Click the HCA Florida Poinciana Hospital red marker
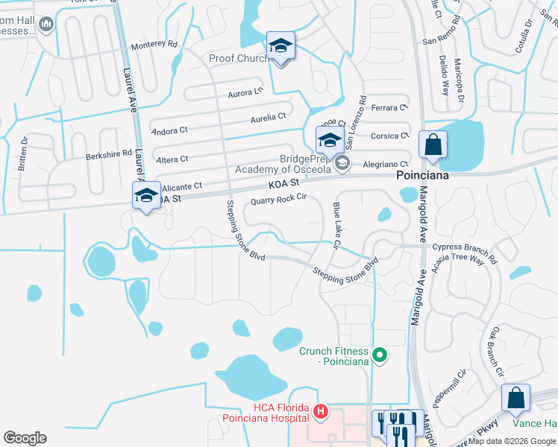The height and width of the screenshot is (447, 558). [321, 410]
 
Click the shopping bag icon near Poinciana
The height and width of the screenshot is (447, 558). [433, 145]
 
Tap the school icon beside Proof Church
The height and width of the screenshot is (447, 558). [281, 47]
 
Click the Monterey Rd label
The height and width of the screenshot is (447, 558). [154, 45]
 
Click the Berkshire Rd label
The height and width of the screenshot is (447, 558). [108, 153]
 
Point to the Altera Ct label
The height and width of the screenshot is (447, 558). [172, 159]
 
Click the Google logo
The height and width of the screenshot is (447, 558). [25, 438]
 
